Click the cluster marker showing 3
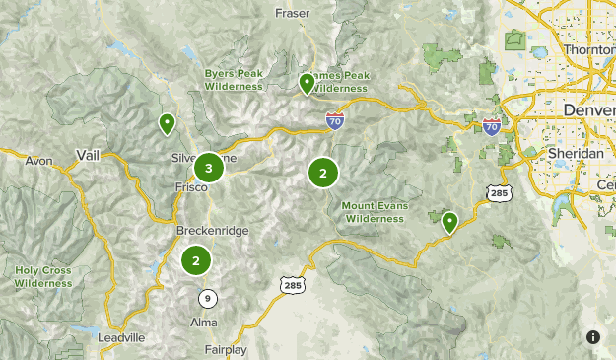208,168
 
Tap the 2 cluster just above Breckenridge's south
196,260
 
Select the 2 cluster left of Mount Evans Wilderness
322,174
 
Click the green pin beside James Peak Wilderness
307,84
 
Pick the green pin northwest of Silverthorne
167,124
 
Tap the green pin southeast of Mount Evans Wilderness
449,221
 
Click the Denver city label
587,109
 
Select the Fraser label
293,14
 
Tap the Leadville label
122,337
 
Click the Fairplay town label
226,349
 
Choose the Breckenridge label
212,231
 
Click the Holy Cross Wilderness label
43,276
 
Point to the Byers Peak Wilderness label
234,80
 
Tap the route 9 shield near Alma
207,298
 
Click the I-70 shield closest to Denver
492,126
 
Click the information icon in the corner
593,337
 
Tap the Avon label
38,160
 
